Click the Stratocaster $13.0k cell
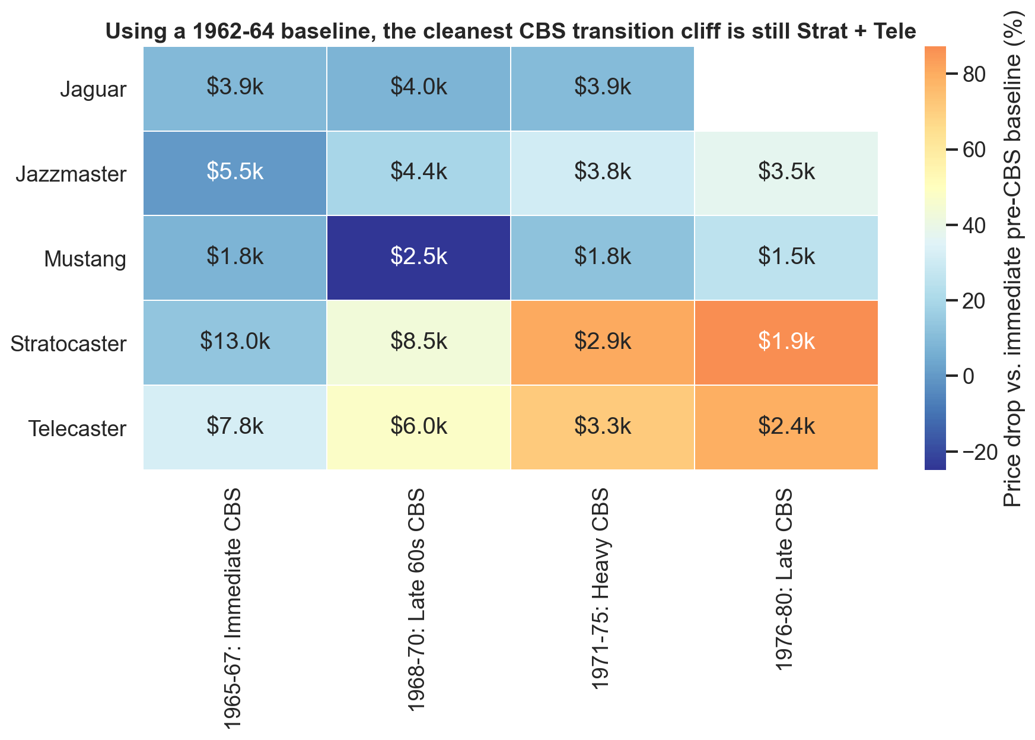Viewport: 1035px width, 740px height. click(x=235, y=342)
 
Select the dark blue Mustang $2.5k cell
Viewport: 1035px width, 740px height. click(x=418, y=258)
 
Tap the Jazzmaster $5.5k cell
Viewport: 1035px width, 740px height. click(x=235, y=173)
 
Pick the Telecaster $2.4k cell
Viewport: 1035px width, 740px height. click(x=786, y=427)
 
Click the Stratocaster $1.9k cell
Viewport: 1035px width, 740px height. click(x=786, y=342)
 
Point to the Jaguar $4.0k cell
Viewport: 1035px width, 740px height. click(x=418, y=88)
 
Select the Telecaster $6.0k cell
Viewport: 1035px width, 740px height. click(x=418, y=427)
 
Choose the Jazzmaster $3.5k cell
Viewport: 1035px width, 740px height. click(x=786, y=173)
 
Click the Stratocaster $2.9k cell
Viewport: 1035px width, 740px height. click(x=602, y=342)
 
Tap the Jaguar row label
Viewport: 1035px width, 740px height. click(x=93, y=90)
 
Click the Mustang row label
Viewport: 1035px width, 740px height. click(x=85, y=259)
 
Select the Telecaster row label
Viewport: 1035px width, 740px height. click(x=78, y=429)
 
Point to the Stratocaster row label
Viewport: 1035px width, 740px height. click(x=69, y=344)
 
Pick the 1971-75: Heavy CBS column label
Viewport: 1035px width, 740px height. click(x=601, y=587)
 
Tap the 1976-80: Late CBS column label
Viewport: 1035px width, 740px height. click(x=785, y=579)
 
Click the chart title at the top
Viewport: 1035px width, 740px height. click(x=510, y=31)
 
